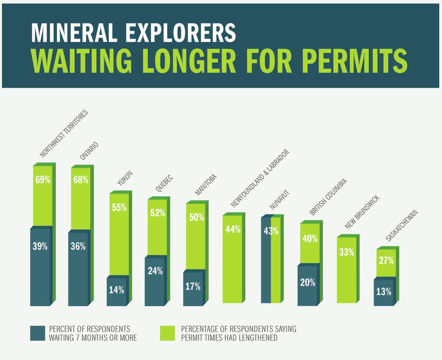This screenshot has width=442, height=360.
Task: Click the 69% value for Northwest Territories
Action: (x=43, y=180)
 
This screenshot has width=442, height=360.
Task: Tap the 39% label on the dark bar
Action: (x=40, y=246)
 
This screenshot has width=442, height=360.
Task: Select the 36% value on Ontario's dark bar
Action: (x=78, y=246)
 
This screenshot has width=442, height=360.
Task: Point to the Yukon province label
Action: (x=125, y=178)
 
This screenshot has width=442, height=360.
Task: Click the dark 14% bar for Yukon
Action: (x=116, y=290)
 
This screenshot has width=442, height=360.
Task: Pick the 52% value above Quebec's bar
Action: (x=157, y=213)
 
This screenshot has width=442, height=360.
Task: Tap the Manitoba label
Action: (x=205, y=184)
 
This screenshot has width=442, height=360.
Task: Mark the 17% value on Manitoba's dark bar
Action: (x=193, y=287)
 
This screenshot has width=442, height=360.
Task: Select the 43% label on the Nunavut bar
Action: (x=271, y=231)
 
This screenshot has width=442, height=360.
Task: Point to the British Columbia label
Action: (x=328, y=197)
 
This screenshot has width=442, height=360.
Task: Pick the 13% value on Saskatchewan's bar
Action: (x=383, y=291)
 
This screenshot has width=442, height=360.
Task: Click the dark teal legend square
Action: (x=37, y=333)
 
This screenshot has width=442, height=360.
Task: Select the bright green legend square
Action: (x=168, y=333)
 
